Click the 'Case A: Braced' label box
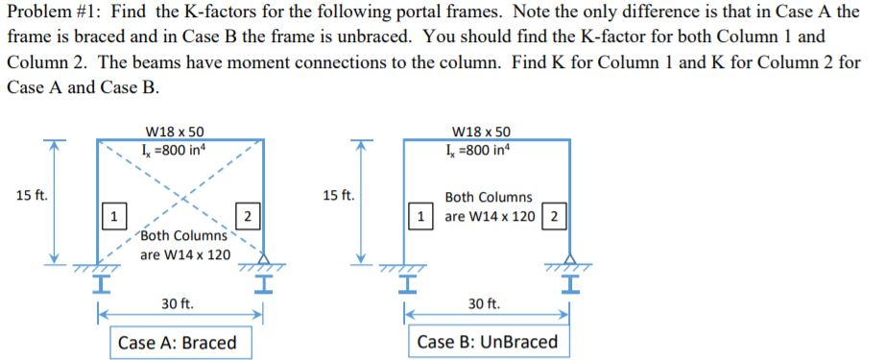[x=177, y=343]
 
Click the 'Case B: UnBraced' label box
[x=487, y=343]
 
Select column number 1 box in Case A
[x=113, y=216]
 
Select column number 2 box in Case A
[x=246, y=216]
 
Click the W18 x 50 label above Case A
[x=174, y=132]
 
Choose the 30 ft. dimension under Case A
[x=177, y=303]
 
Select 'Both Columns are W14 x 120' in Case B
[x=489, y=206]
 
